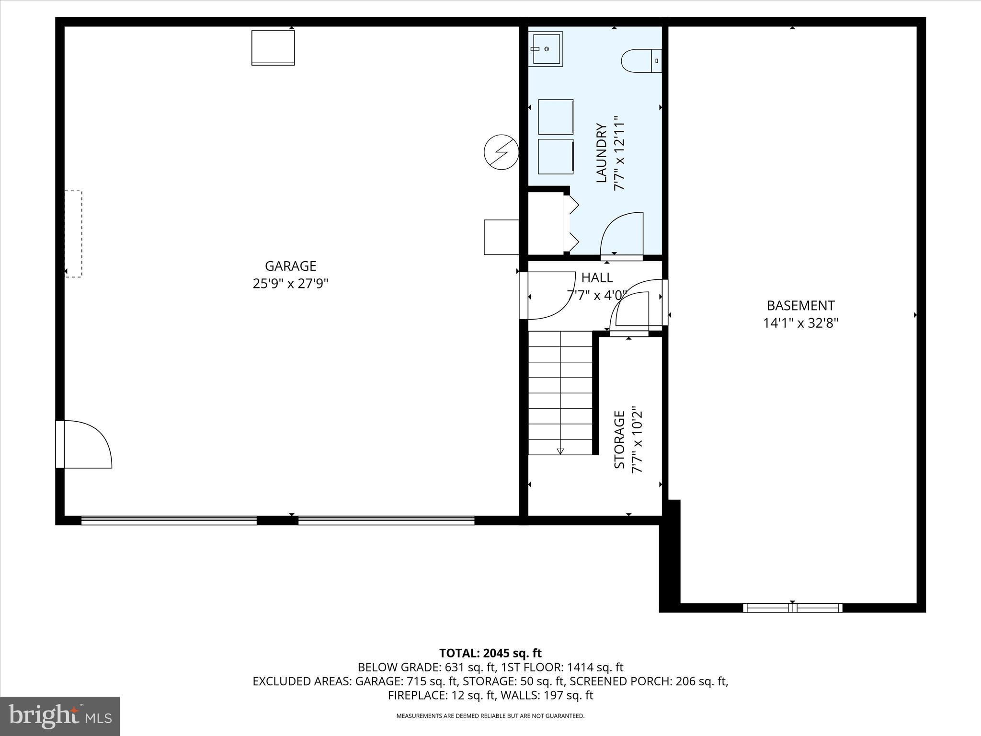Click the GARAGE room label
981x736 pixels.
click(x=290, y=266)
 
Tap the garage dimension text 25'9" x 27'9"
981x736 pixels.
click(x=290, y=284)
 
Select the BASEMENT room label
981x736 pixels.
click(x=800, y=306)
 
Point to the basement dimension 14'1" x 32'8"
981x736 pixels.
click(x=800, y=323)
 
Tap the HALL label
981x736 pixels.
click(x=597, y=277)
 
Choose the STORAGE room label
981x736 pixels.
click(x=619, y=439)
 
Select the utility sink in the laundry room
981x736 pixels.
click(x=546, y=49)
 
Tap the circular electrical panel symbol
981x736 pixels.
click(x=501, y=152)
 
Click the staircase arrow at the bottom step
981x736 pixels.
click(x=560, y=451)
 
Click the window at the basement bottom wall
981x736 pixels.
click(x=792, y=608)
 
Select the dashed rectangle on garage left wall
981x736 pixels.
click(x=73, y=234)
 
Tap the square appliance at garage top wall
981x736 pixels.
click(x=273, y=47)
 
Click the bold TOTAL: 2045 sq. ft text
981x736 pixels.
click(x=490, y=653)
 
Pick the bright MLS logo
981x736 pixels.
click(x=60, y=716)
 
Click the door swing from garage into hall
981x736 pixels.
click(x=548, y=295)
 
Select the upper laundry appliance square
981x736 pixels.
click(x=556, y=117)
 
